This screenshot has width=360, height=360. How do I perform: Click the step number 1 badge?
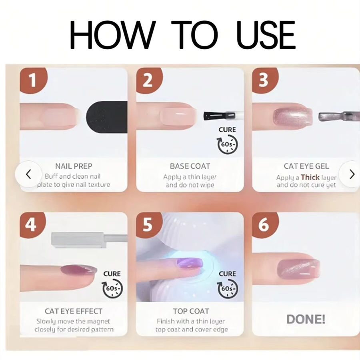[x=33, y=80]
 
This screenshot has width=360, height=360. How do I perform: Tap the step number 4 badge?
[x=32, y=224]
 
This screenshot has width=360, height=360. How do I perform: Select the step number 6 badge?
[x=264, y=224]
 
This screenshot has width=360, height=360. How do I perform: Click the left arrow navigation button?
[x=28, y=174]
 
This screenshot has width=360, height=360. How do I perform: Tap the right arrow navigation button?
[x=351, y=174]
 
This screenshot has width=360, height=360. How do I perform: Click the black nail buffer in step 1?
[x=107, y=117]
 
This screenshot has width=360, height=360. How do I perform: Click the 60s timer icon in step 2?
[x=228, y=144]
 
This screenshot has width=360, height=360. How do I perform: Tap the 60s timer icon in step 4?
[x=112, y=288]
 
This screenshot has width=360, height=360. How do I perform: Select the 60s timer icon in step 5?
[x=228, y=288]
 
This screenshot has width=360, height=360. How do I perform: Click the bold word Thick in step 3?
[x=310, y=177]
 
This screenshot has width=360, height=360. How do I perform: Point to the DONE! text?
[x=306, y=319]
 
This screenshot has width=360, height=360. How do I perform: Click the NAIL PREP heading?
[x=74, y=166]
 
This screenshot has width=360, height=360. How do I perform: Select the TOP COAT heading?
[x=191, y=311]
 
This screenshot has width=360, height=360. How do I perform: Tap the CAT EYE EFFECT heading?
[x=74, y=311]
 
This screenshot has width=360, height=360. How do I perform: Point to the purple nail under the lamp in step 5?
[x=190, y=263]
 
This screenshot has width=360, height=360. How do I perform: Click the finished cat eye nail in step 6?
[x=298, y=268]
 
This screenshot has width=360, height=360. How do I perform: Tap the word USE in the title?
[x=266, y=35]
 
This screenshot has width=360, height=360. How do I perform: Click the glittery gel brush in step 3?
[x=339, y=116]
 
